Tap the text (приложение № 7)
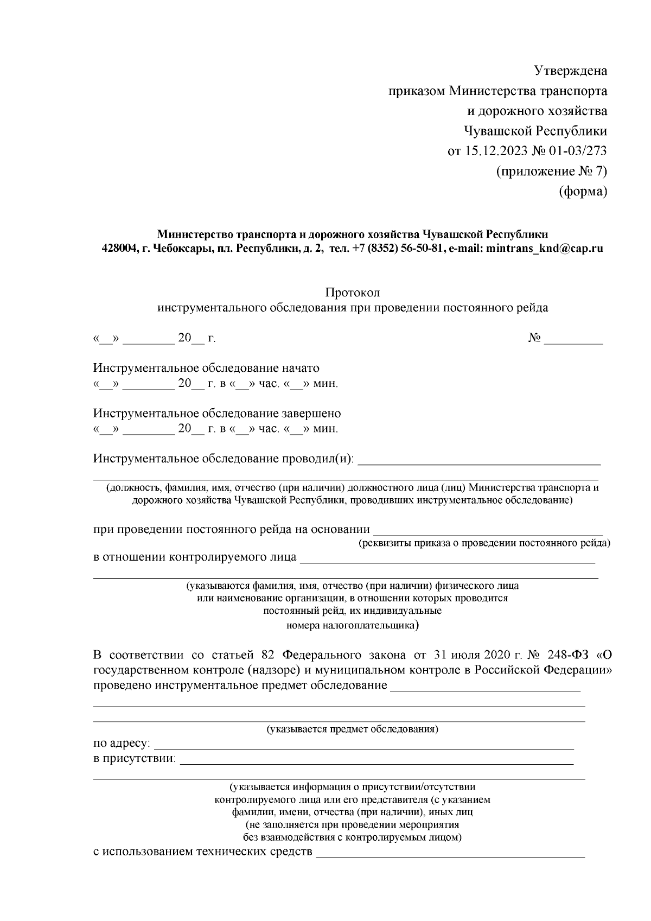[551, 172]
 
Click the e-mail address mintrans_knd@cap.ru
[545, 249]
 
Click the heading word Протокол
[352, 293]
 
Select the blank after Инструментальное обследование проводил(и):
[480, 461]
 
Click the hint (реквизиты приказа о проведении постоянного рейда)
[484, 543]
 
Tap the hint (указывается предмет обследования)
[352, 729]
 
